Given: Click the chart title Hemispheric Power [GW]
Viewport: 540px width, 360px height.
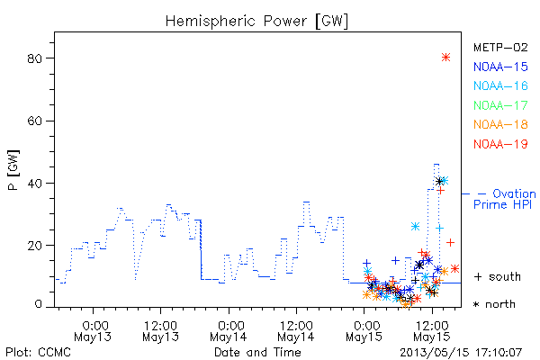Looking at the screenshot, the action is (256, 22).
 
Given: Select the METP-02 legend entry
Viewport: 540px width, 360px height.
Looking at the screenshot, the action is (500, 48).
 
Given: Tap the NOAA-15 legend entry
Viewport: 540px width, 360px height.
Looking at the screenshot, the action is (500, 67).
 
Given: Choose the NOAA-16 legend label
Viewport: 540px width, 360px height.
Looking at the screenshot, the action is (500, 85).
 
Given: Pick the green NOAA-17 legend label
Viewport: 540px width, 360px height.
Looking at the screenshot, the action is (500, 105).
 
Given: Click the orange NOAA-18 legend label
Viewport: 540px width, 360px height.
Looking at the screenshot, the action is (500, 124).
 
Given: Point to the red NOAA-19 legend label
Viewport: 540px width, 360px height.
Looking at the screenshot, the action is (500, 144).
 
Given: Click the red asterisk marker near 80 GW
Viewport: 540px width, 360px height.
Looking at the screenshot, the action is (446, 58).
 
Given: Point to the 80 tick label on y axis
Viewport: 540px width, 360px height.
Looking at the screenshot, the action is (34, 58).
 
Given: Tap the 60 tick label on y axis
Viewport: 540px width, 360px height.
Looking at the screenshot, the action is (34, 121).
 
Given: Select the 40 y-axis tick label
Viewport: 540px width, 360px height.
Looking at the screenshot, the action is (34, 184).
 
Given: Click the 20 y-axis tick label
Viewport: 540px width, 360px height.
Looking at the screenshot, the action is (34, 246).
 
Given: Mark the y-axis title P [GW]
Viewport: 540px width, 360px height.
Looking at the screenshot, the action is (13, 170).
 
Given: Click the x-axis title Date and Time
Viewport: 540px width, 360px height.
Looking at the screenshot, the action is (257, 353).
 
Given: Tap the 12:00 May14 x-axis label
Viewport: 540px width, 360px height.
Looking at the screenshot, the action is (296, 331).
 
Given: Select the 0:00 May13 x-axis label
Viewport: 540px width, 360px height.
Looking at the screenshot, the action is (93, 331).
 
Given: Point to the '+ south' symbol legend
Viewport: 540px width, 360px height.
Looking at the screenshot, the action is (498, 276).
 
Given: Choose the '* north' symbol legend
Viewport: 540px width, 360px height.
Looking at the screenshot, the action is (494, 304).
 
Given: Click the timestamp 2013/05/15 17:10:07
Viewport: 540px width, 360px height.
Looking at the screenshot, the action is (461, 353).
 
